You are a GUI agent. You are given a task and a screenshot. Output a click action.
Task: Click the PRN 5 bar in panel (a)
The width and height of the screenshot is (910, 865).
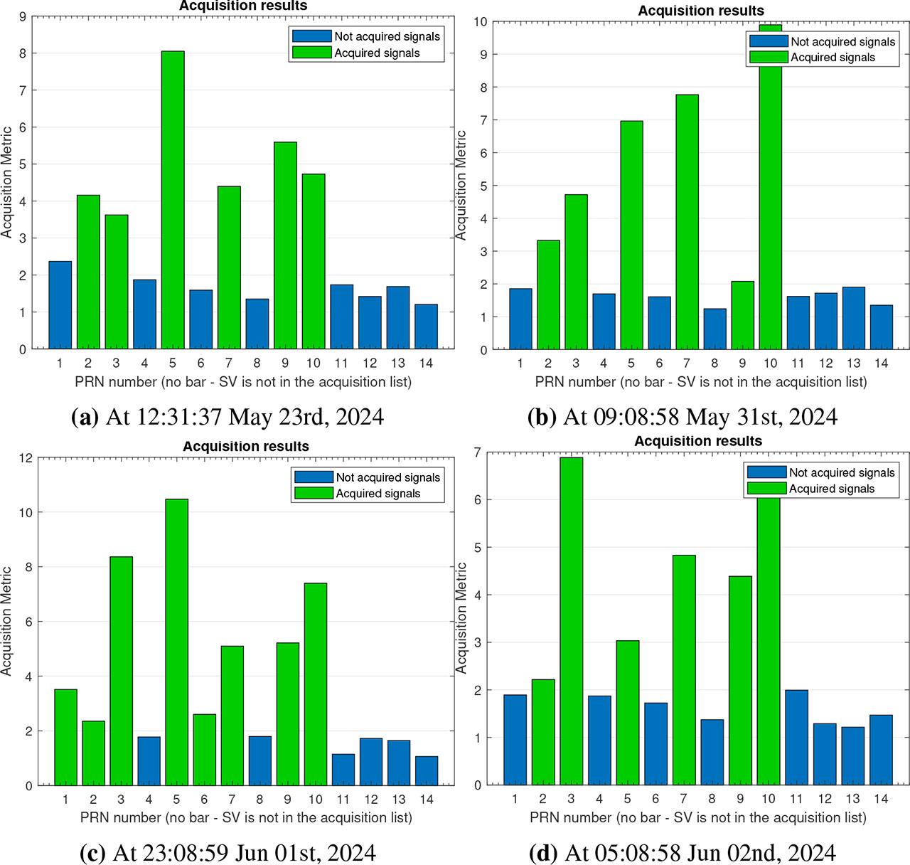173,200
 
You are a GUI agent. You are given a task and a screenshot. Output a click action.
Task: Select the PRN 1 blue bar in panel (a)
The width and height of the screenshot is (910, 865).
60,305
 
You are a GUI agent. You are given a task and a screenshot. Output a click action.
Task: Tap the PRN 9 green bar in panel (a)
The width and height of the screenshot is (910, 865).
285,245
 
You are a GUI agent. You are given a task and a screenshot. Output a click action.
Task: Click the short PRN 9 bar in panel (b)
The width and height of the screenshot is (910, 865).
743,315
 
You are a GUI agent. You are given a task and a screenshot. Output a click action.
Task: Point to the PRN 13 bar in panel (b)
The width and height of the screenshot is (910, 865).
854,318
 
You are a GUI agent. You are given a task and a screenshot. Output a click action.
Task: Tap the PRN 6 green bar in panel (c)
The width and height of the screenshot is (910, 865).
205,750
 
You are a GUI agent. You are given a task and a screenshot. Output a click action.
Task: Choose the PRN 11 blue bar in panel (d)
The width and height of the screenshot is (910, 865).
796,738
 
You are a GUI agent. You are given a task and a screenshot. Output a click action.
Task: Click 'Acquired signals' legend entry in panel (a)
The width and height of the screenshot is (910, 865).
377,53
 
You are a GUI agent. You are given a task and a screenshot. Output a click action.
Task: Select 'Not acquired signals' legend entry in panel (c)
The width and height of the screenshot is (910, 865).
388,477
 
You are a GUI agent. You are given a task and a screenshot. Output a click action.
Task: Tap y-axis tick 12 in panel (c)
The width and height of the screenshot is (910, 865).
27,458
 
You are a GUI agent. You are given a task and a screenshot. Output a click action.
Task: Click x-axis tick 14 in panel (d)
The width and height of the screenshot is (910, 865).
881,800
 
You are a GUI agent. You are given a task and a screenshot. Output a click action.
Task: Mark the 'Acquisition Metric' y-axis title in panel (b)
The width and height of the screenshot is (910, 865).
461,185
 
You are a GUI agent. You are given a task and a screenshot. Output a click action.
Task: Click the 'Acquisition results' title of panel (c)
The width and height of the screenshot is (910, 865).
246,447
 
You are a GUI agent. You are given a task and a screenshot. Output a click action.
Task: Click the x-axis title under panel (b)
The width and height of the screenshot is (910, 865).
701,382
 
